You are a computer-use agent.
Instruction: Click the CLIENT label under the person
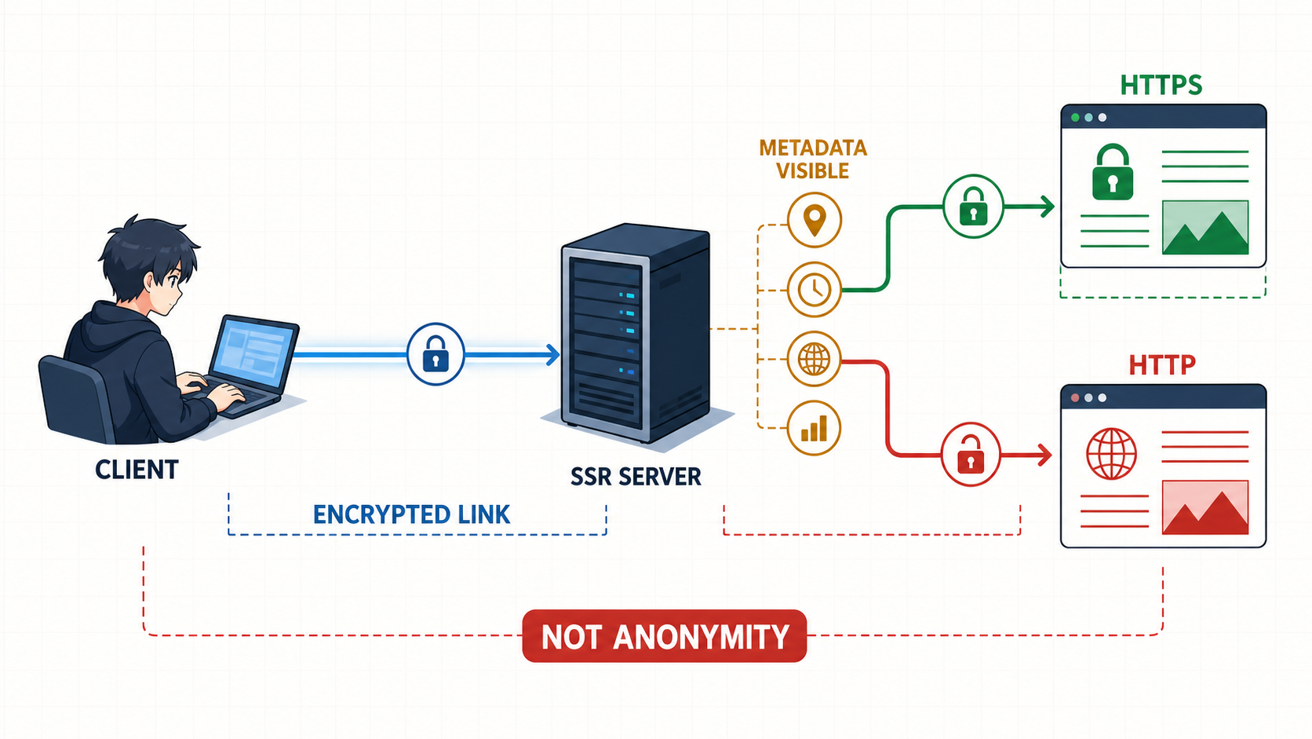tap(137, 470)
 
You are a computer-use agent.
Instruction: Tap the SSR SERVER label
tap(636, 477)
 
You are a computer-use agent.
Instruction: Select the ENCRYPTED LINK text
tap(412, 514)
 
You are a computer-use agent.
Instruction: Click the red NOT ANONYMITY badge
tap(664, 636)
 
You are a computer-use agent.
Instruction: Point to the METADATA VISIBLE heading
tap(813, 159)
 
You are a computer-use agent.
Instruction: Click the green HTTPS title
tap(1161, 86)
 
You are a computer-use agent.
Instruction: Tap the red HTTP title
tap(1162, 365)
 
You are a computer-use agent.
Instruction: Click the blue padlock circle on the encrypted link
tap(436, 354)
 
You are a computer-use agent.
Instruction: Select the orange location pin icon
tap(815, 221)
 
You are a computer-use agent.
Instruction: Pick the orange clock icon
tap(815, 290)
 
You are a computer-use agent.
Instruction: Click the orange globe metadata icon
tap(815, 359)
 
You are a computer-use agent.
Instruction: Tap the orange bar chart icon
tap(815, 428)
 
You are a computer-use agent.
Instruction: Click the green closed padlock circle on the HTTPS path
tap(974, 207)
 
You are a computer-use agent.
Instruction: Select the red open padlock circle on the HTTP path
tap(971, 454)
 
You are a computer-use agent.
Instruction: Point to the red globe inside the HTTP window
tap(1111, 454)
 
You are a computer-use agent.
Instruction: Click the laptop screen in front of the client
tap(253, 352)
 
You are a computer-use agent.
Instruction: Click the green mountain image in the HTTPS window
tap(1205, 228)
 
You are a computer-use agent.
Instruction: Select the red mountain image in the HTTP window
tap(1205, 507)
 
